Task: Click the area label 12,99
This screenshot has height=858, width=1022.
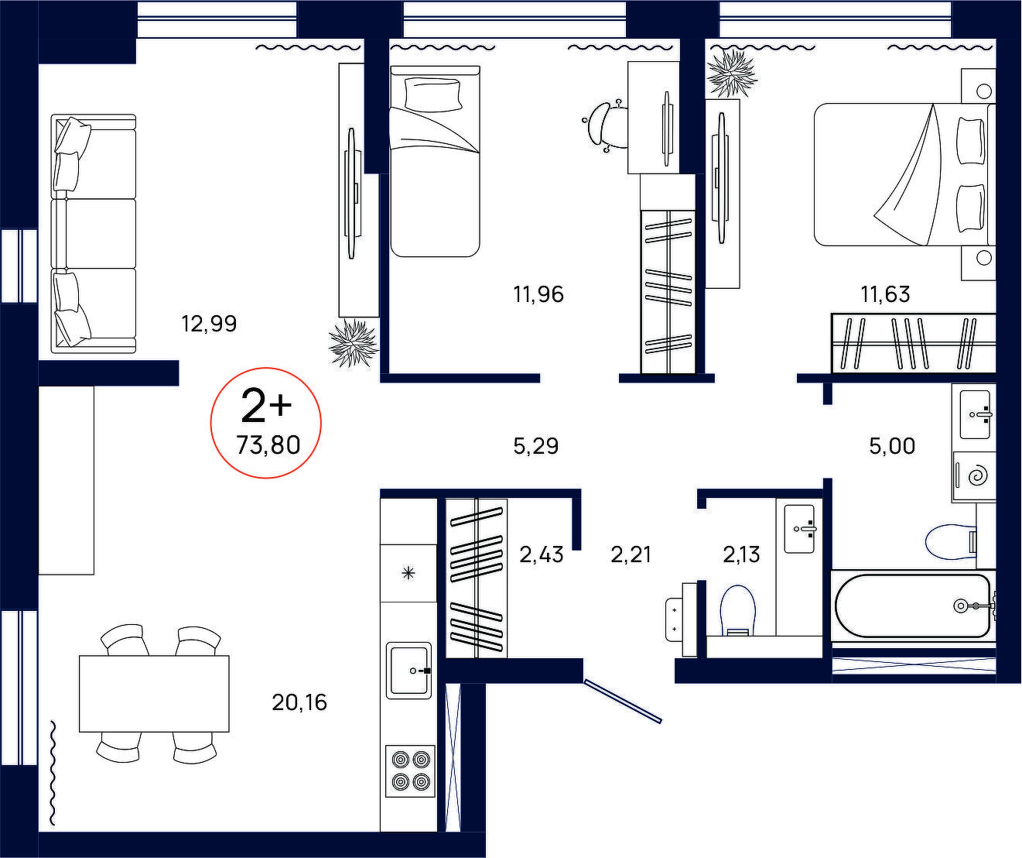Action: [209, 324]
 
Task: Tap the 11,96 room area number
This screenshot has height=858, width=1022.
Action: [538, 294]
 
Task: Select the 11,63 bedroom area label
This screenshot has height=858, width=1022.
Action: [885, 294]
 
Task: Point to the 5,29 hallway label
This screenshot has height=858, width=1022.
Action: [536, 446]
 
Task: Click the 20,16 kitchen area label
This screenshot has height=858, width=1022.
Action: [299, 702]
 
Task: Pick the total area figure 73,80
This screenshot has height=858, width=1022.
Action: [268, 445]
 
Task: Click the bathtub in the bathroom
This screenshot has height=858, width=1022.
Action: [914, 606]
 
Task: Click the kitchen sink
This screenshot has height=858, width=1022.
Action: [409, 671]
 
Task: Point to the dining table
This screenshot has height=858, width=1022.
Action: [154, 693]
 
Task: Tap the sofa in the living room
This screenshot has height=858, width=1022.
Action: [94, 234]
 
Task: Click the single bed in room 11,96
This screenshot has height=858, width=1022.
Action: [435, 161]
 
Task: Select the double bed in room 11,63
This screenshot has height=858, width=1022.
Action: [904, 174]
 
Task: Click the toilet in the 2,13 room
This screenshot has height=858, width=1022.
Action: [738, 610]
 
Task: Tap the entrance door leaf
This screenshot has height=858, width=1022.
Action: [623, 702]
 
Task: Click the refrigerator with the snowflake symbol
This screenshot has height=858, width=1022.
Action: [408, 573]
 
